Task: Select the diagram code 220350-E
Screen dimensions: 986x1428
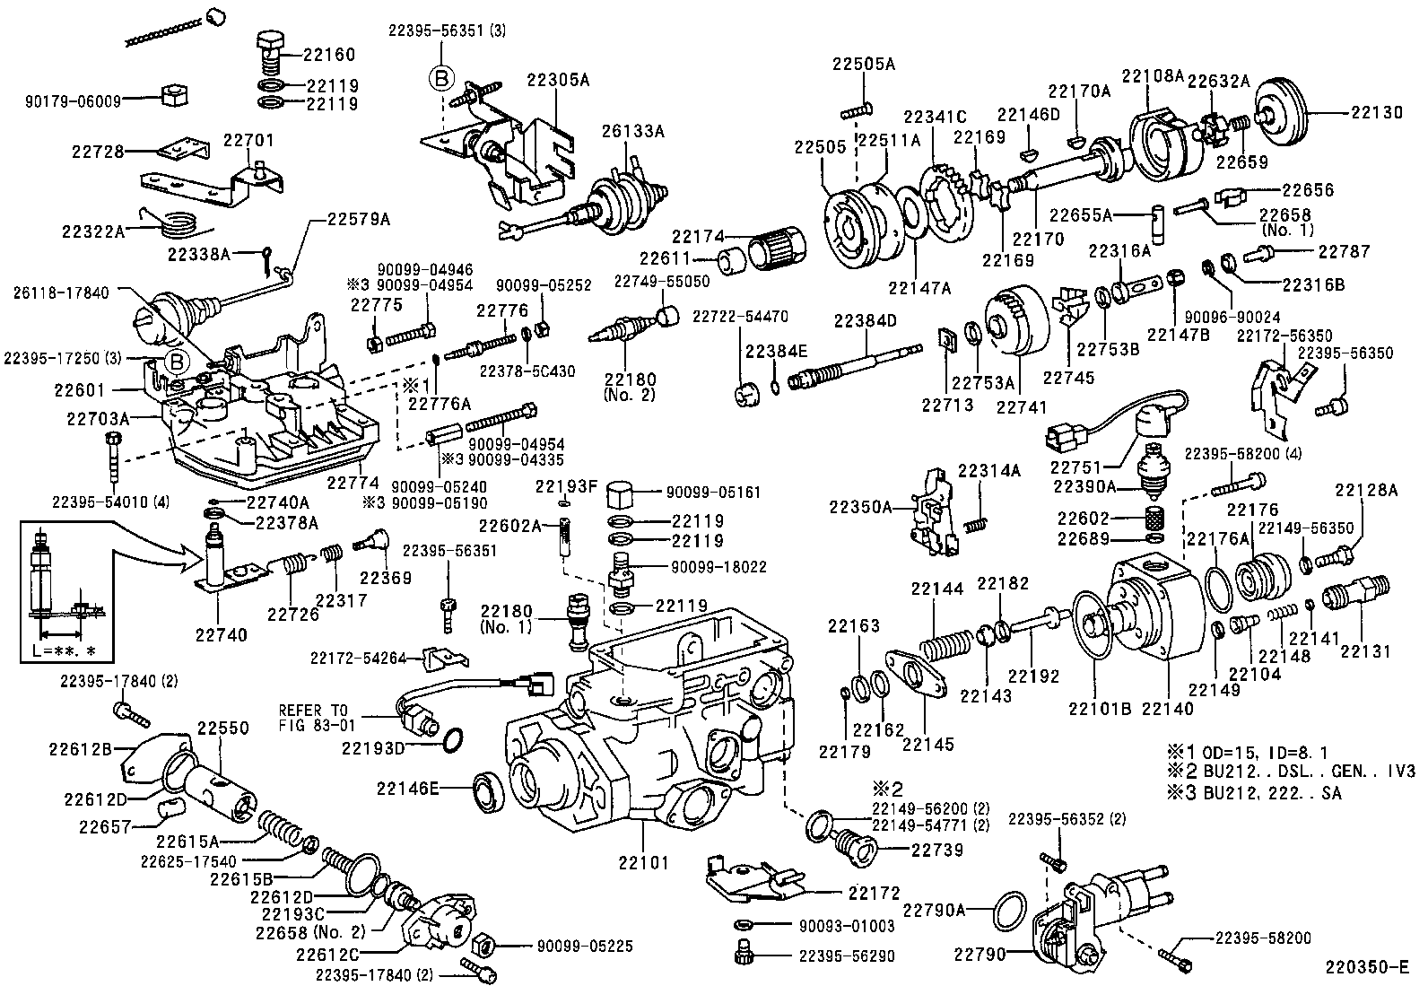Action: click(1371, 966)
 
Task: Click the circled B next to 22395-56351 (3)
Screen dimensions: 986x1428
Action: click(441, 78)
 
